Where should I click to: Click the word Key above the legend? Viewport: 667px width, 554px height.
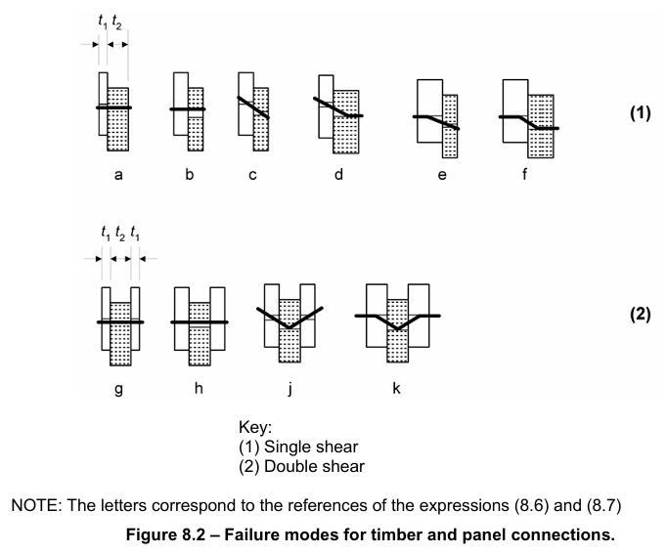pos(256,427)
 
